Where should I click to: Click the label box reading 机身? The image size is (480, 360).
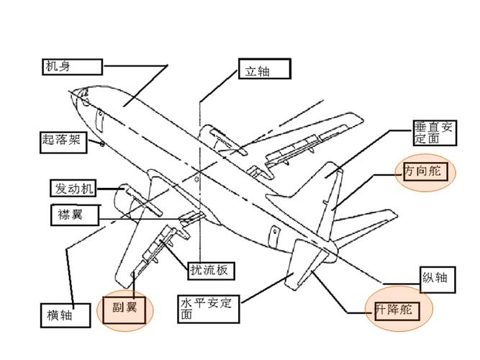click(71, 67)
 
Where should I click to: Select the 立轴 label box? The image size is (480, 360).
click(264, 69)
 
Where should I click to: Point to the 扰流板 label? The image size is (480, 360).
click(212, 270)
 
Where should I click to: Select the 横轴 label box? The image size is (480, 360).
click(64, 315)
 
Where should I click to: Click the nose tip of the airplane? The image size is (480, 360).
click(74, 93)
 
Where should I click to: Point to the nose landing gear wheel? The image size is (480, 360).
click(102, 144)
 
